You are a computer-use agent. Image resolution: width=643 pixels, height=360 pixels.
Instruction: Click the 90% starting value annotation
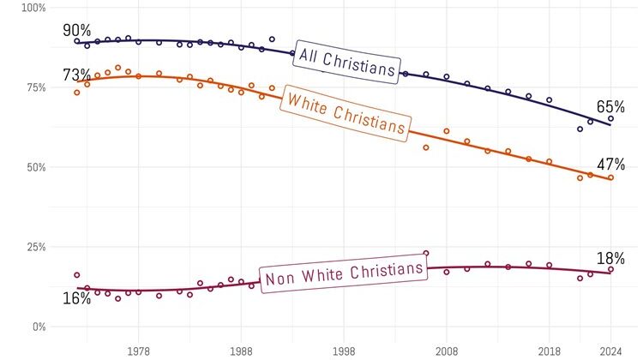[77, 30]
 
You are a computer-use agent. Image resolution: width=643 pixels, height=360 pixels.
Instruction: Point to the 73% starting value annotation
[77, 75]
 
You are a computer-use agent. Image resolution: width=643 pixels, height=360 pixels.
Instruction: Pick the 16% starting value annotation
[76, 297]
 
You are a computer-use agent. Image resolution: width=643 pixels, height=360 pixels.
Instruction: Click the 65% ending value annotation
[610, 107]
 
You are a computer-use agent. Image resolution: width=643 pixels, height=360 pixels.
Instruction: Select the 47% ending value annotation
[610, 164]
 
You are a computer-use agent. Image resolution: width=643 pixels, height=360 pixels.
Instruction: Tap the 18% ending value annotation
[610, 259]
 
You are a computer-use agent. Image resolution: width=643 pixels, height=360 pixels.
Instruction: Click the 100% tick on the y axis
[33, 8]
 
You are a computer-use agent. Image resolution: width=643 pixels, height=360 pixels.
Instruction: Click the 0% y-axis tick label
[39, 327]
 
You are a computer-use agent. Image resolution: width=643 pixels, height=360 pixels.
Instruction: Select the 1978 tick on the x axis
[138, 351]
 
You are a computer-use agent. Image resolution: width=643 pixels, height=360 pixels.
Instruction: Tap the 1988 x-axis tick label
[241, 351]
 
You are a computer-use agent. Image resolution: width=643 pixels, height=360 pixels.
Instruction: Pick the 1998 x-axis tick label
[344, 351]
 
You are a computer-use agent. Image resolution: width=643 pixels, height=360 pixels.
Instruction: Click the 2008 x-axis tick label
[447, 351]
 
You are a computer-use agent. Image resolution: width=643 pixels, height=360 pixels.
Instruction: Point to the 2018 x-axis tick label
[550, 351]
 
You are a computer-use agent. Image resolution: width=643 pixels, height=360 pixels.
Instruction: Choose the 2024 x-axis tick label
[610, 351]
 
